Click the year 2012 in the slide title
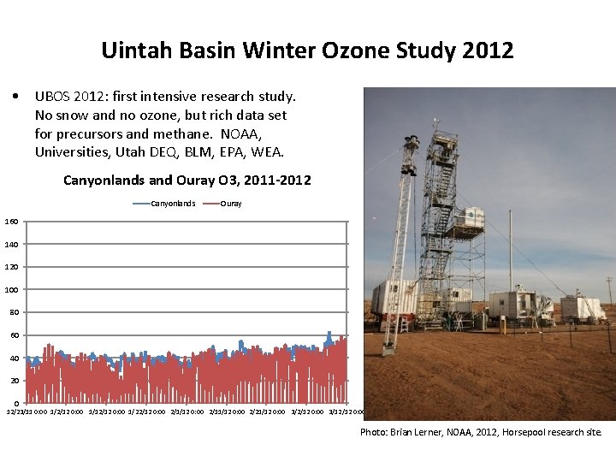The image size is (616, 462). coord(489,50)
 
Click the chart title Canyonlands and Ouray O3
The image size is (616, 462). coord(187,181)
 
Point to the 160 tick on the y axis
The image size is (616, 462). coord(12,222)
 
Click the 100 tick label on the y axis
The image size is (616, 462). coord(12,290)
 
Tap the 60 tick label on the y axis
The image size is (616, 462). coord(14,335)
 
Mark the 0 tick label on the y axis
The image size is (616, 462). coord(16,403)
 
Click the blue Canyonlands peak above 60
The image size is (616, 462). coord(329,333)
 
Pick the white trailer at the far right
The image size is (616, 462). coord(582,308)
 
